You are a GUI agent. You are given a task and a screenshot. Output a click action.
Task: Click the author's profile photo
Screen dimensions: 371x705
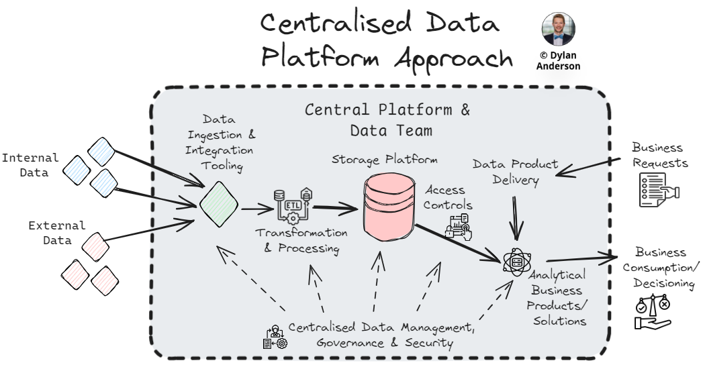pos(558,29)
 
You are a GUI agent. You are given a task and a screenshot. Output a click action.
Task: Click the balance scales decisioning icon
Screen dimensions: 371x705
pos(652,313)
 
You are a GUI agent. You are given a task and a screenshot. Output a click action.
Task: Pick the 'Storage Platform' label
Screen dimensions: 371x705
pos(385,160)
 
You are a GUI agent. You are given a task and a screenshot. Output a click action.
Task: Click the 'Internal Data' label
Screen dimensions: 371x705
pos(30,165)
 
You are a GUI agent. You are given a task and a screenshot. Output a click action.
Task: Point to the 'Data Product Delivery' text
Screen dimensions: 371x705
pos(515,171)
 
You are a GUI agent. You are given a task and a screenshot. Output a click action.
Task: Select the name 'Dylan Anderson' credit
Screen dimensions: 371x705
pos(558,61)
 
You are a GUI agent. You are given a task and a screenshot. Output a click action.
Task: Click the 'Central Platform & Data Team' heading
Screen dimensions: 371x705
pos(387,119)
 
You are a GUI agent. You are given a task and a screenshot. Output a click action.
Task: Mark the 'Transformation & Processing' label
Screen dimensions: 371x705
pos(301,241)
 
